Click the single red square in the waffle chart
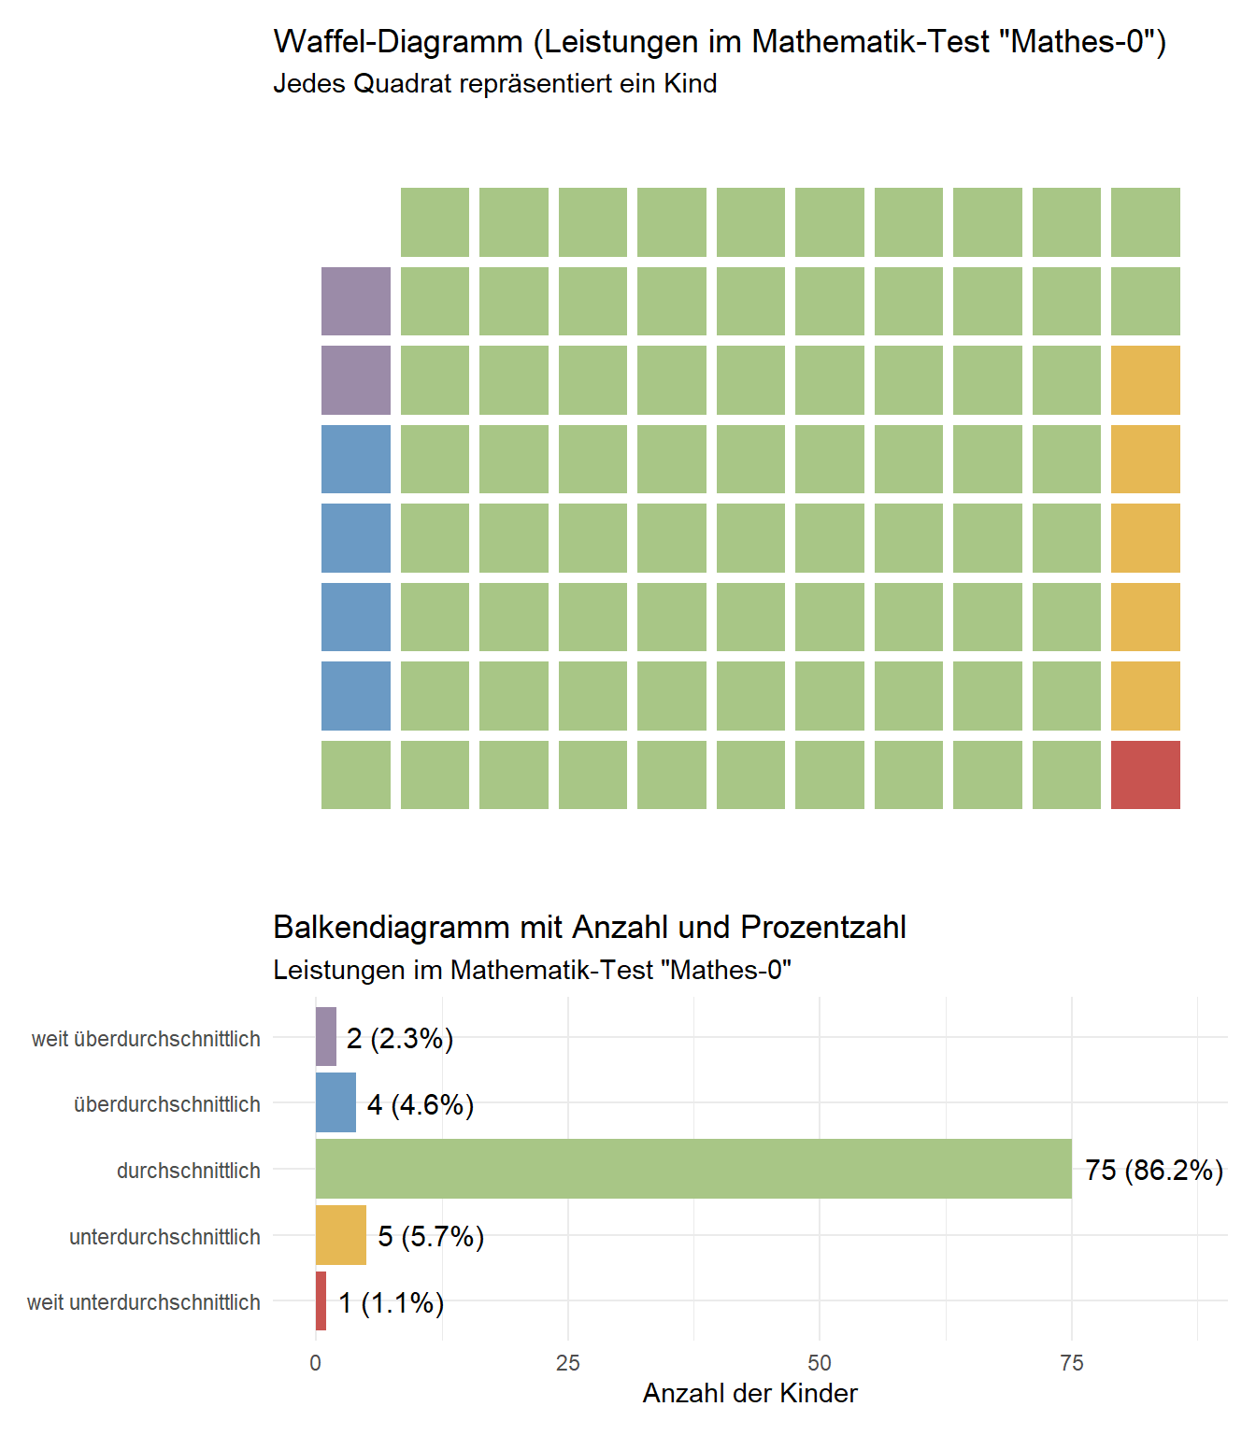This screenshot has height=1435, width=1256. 1145,774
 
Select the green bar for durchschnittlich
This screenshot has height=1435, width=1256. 693,1169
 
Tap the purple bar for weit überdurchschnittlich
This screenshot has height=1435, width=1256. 326,1037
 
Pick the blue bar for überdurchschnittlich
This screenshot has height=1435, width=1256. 335,1102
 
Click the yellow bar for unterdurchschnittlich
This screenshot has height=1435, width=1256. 341,1235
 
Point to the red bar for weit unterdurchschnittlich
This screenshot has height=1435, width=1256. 321,1300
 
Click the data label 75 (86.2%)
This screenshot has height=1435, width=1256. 1154,1170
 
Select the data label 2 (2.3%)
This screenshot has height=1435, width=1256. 400,1038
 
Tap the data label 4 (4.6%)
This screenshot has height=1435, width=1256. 421,1104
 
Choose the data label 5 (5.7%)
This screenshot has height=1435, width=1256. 431,1236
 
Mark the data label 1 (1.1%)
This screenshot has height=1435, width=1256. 391,1302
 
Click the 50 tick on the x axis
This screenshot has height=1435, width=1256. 820,1363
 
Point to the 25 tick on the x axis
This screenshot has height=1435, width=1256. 568,1363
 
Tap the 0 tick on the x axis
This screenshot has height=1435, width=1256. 316,1363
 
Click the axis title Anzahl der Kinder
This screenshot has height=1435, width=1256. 749,1393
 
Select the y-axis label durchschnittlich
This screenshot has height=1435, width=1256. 188,1171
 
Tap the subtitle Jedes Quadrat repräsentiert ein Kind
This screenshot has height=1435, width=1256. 494,84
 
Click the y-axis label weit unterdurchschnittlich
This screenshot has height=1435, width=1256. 144,1302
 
